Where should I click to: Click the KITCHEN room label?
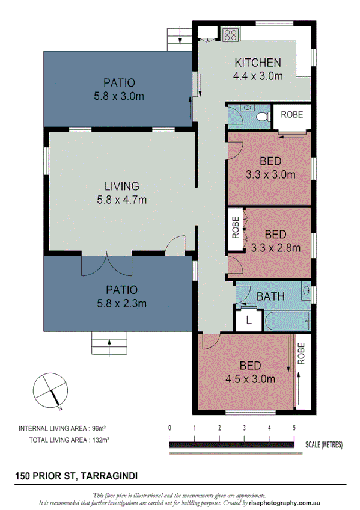point(257,63)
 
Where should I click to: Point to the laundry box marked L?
point(249,321)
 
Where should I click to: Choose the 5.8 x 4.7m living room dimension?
point(121,200)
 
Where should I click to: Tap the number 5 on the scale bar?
point(294,428)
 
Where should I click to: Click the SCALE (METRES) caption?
point(323,445)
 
